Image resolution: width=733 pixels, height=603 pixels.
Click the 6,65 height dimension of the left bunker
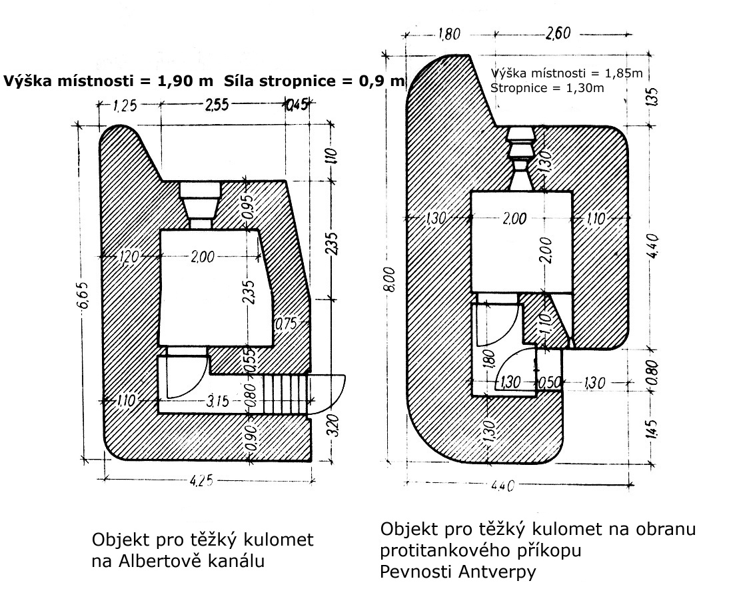click(83, 295)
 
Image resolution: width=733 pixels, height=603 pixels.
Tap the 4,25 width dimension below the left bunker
click(201, 480)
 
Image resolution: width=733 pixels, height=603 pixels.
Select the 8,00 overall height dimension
click(390, 279)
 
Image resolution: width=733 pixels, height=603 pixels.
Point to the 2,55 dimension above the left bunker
click(217, 104)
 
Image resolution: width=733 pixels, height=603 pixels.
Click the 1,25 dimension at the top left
click(125, 105)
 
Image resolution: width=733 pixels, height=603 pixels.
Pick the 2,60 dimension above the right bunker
click(558, 33)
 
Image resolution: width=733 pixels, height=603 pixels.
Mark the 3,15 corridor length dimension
click(217, 401)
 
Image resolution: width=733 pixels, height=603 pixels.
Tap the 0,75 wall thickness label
click(286, 324)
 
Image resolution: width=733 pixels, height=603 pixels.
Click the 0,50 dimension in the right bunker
click(549, 382)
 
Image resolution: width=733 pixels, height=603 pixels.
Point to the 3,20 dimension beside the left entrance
click(333, 425)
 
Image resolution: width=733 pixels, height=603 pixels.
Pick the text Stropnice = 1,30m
click(547, 87)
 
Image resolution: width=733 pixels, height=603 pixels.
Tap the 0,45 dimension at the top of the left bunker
click(298, 104)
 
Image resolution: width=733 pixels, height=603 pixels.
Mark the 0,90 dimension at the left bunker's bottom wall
click(251, 438)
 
